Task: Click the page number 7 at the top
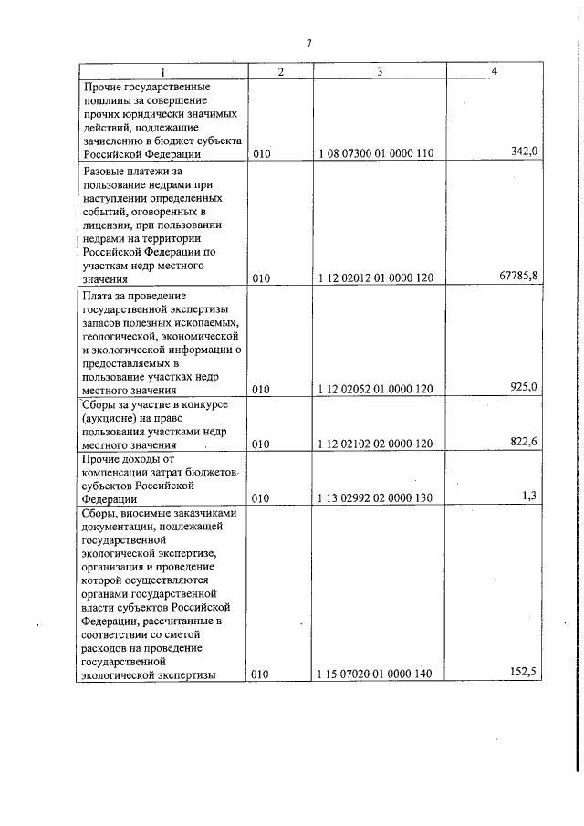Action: pyautogui.click(x=309, y=43)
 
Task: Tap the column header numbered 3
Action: pyautogui.click(x=379, y=72)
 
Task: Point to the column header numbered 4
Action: pyautogui.click(x=494, y=72)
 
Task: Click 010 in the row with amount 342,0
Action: pyautogui.click(x=262, y=153)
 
